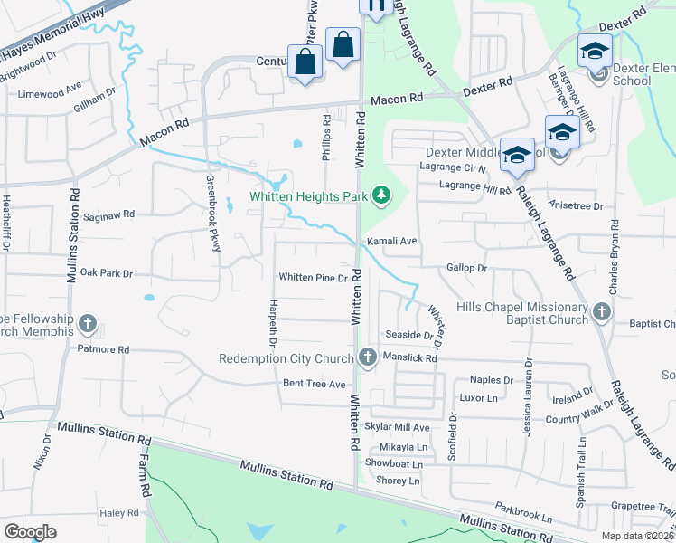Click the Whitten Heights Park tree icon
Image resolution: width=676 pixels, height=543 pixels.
[x=382, y=195]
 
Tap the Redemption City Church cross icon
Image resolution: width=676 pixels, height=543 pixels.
[x=367, y=358]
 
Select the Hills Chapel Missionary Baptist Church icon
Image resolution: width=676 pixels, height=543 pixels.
[x=602, y=313]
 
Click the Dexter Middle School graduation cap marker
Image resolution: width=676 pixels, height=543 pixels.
[x=518, y=155]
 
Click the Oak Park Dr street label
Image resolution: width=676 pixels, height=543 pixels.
[x=106, y=272]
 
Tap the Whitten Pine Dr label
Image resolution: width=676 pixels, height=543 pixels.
[x=314, y=278]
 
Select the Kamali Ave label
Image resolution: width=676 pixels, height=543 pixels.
[x=391, y=242]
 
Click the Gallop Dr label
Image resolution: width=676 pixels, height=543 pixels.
[x=466, y=269]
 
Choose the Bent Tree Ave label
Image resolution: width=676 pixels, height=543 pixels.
[x=315, y=384]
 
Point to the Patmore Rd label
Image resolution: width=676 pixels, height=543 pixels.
[x=103, y=348]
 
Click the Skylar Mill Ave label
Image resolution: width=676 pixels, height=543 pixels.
[x=397, y=426]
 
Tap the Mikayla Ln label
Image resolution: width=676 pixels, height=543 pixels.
[x=403, y=447]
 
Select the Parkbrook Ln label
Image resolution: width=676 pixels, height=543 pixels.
[x=522, y=513]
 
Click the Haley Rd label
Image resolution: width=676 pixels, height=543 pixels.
[x=118, y=512]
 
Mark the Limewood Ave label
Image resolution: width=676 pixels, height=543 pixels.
[x=50, y=93]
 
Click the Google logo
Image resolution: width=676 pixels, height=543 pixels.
[x=30, y=531]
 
